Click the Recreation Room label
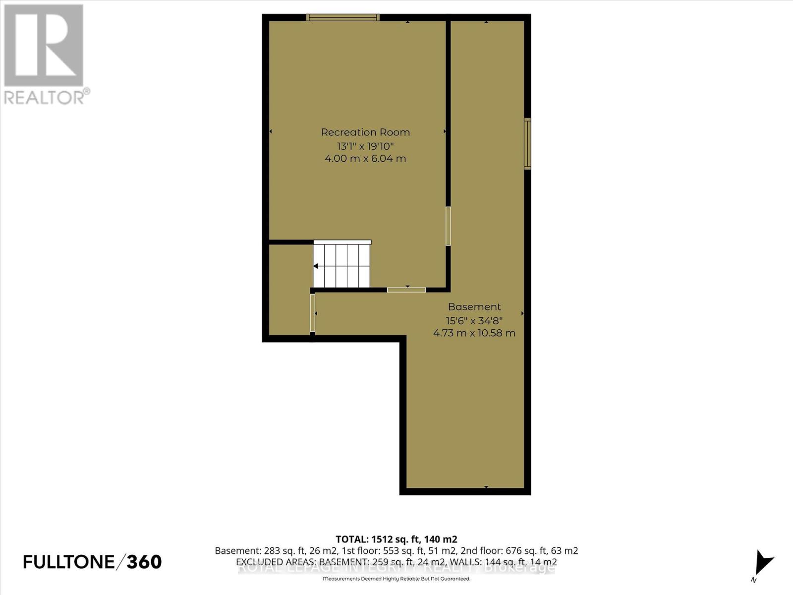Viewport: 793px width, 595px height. pyautogui.click(x=365, y=132)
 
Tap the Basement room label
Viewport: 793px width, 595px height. pyautogui.click(x=474, y=307)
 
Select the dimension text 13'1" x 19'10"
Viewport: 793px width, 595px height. pyautogui.click(x=365, y=146)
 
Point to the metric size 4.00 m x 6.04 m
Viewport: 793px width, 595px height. pyautogui.click(x=365, y=159)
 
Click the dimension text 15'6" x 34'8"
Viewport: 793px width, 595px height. pyautogui.click(x=474, y=320)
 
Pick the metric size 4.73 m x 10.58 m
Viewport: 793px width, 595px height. pyautogui.click(x=474, y=333)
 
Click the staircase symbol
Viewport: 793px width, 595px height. pyautogui.click(x=342, y=265)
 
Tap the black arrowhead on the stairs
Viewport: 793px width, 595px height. pyautogui.click(x=316, y=266)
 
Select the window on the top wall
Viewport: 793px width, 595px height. pyautogui.click(x=342, y=17)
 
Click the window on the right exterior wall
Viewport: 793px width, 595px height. pyautogui.click(x=527, y=144)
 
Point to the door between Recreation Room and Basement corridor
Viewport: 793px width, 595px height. pyautogui.click(x=448, y=226)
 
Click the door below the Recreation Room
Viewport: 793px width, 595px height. pyautogui.click(x=406, y=290)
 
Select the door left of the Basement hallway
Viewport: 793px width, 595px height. pyautogui.click(x=312, y=313)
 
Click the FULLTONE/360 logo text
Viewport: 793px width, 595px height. pyautogui.click(x=93, y=562)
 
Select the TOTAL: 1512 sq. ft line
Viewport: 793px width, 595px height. pyautogui.click(x=396, y=539)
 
